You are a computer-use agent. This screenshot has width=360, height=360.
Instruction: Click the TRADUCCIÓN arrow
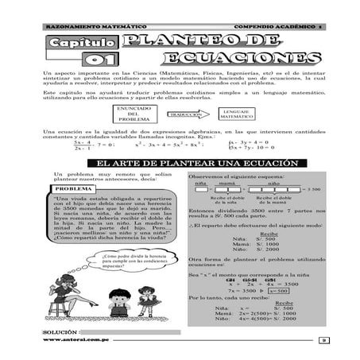[184, 114]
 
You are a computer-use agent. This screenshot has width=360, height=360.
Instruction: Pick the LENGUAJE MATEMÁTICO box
[237, 114]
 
